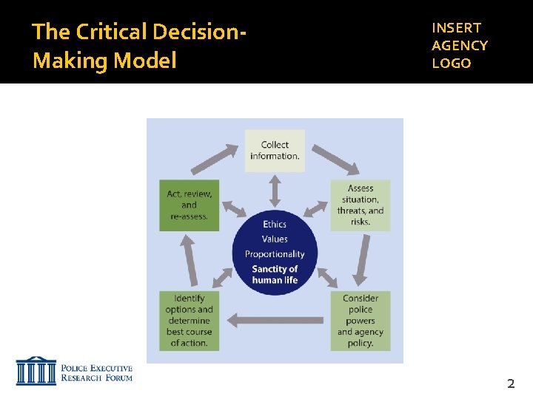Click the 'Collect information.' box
[x=275, y=151]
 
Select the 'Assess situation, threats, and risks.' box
[x=360, y=205]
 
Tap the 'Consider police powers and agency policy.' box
[x=360, y=320]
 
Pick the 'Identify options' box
[x=189, y=320]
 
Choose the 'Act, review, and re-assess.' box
[x=189, y=205]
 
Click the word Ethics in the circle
[x=275, y=224]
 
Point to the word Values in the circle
[x=275, y=239]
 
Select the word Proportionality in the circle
[x=275, y=254]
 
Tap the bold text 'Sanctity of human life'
[x=275, y=274]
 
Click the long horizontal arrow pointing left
[x=275, y=320]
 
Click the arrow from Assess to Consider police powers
[x=362, y=259]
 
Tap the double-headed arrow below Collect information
[x=275, y=190]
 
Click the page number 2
[x=510, y=383]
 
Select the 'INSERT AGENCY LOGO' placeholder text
[x=460, y=45]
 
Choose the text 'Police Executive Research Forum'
[x=96, y=372]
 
